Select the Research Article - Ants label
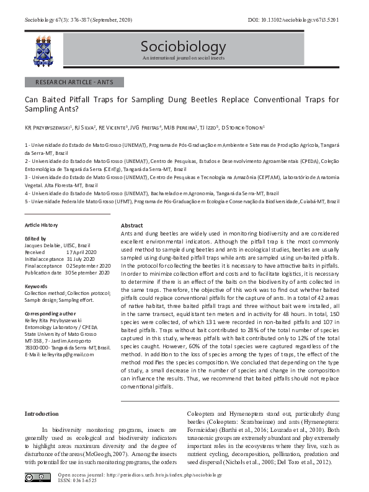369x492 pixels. pos(74,82)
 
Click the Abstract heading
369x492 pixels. pos(131,225)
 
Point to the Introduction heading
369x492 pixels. pos(42,413)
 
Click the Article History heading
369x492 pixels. pos(41,225)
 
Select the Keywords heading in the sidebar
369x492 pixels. pos(36,286)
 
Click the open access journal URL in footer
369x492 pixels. pos(139,475)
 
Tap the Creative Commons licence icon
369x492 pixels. pos(38,477)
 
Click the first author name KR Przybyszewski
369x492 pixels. pos(48,128)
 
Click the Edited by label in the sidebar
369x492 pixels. pos(35,239)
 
